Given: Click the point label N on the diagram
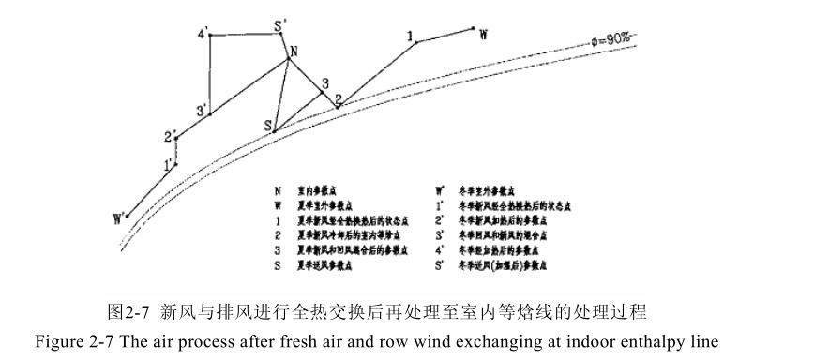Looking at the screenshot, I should click(x=294, y=51).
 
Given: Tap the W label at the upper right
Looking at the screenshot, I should click(x=483, y=35).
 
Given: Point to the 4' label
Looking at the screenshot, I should click(x=203, y=34).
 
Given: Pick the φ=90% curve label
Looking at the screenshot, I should click(x=610, y=39).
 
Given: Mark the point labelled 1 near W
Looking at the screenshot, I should click(x=411, y=35).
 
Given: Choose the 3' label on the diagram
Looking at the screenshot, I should click(x=201, y=112).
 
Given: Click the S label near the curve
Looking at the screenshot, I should click(x=267, y=125).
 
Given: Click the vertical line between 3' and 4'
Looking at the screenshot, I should click(x=211, y=75).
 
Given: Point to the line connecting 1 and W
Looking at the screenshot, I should click(x=446, y=35).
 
